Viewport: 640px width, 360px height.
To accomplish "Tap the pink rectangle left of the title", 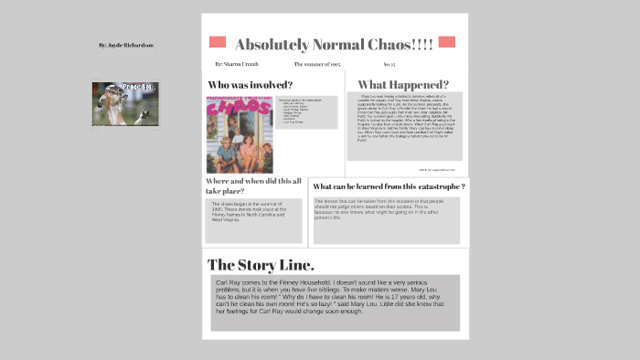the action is point(218,42).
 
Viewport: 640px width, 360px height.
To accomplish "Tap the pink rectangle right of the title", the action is point(446,42).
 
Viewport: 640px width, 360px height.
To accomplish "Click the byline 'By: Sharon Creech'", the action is point(237,64).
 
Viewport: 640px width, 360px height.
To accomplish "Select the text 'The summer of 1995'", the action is point(317,64).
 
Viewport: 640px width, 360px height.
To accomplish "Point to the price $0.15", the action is point(389,64).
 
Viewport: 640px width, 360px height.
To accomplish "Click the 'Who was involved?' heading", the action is point(251,85).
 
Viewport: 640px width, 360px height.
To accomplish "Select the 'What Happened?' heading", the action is point(403,85).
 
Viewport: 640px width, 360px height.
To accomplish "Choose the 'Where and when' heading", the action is point(253,186).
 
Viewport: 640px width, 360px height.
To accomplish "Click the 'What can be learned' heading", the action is point(389,186).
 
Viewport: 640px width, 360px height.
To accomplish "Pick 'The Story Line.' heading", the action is point(261,265).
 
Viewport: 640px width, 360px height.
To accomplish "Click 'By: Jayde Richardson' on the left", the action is point(126,45).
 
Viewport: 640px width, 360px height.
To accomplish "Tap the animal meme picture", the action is point(120,104).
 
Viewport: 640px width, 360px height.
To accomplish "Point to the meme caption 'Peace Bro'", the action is point(127,88).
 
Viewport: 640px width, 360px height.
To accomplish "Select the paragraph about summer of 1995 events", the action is point(253,219).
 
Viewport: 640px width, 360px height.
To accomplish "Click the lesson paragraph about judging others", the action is point(386,219).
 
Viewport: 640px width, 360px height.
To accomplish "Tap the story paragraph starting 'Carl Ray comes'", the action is point(335,302).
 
